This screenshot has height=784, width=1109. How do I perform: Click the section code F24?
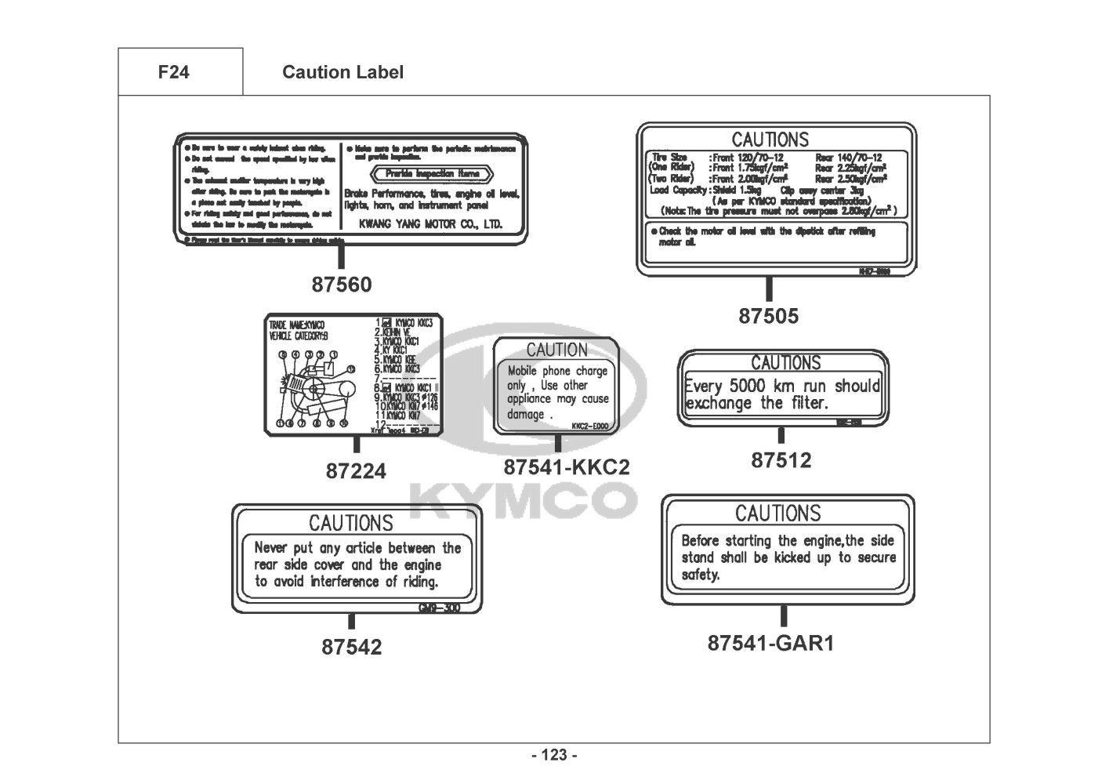(173, 73)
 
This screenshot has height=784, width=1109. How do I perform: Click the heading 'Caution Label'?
(342, 73)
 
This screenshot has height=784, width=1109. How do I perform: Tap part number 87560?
(341, 285)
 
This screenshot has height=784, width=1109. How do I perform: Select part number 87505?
(768, 316)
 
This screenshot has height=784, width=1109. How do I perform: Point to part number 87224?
(356, 471)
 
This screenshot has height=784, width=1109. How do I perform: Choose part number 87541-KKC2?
(566, 467)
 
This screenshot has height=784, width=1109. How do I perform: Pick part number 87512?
(781, 460)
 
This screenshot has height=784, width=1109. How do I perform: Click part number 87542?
(351, 648)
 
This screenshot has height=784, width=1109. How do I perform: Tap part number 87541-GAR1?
(770, 643)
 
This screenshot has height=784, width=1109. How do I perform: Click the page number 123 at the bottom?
(554, 756)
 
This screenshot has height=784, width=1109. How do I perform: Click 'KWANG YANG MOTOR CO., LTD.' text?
(430, 224)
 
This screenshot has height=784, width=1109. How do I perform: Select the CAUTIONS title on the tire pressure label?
(770, 140)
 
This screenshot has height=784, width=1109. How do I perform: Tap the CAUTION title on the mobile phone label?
(556, 350)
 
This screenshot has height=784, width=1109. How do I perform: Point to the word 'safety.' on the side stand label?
(700, 575)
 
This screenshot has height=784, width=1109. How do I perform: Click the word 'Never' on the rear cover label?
(271, 548)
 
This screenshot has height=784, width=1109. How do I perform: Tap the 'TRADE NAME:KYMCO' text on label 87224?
(296, 325)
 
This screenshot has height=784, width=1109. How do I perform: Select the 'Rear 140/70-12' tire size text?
(848, 158)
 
